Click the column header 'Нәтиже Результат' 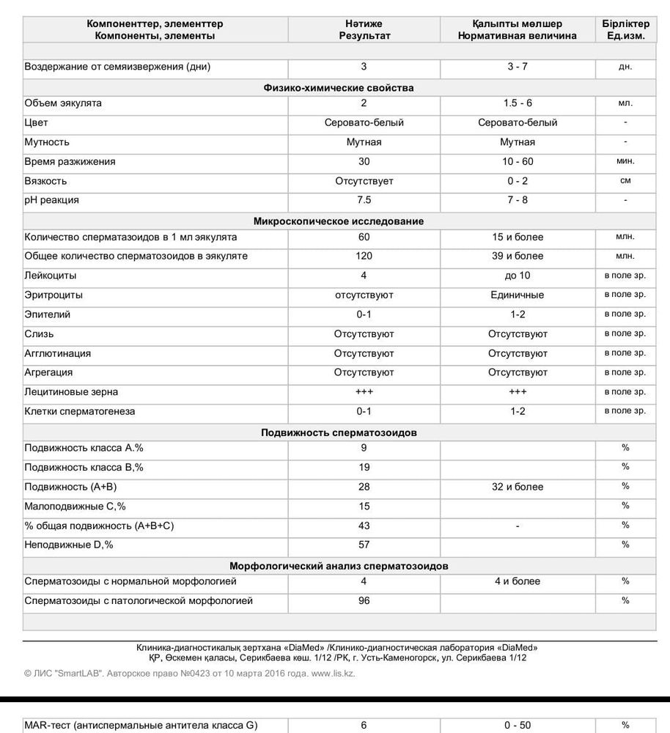pos(364,29)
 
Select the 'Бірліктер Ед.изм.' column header pos(625,29)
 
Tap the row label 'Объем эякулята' pos(63,103)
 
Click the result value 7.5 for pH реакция pos(364,200)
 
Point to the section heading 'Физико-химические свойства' pos(339,88)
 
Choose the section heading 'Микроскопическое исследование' pos(339,221)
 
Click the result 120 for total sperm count pos(364,257)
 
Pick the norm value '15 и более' pos(518,237)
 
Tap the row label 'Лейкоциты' pos(51,276)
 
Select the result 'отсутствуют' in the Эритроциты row pos(364,295)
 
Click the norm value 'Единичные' pos(518,295)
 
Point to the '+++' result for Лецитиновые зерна pos(364,392)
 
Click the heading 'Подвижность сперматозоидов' pos(339,432)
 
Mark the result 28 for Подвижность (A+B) pos(364,487)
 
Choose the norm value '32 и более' pos(518,487)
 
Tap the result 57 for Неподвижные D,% pos(364,545)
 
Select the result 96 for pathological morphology pos(364,601)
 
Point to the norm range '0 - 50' pos(518,726)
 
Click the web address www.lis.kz pos(333,673)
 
